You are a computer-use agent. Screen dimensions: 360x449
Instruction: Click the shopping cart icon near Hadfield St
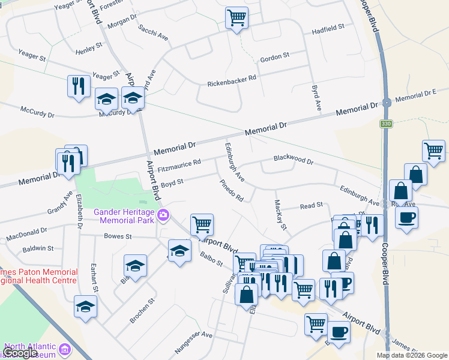237,17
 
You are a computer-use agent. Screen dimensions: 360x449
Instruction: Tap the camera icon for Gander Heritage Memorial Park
163,214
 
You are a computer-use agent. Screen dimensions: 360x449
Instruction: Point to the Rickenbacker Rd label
232,81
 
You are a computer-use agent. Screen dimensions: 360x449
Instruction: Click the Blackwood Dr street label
294,160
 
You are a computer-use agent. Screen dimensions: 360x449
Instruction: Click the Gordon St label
274,57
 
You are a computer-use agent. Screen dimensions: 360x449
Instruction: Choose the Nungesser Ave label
193,338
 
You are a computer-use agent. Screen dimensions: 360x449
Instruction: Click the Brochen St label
143,310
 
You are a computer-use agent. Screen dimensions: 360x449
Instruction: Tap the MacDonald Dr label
27,234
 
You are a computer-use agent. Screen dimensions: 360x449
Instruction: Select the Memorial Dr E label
415,95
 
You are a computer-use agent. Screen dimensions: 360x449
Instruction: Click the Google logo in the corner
20,353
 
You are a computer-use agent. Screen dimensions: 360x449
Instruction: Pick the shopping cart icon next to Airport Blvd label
202,225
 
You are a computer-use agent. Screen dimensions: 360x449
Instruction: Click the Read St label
312,206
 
